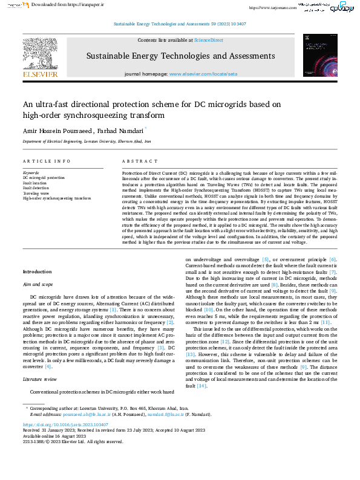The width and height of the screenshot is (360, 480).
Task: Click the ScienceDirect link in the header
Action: (x=208, y=40)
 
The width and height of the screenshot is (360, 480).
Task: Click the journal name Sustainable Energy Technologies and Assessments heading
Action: (x=180, y=56)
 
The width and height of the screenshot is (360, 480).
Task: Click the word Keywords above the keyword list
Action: (x=31, y=173)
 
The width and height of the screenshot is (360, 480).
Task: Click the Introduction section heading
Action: (x=37, y=271)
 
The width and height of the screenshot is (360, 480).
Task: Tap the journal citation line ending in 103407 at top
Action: (x=180, y=24)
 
